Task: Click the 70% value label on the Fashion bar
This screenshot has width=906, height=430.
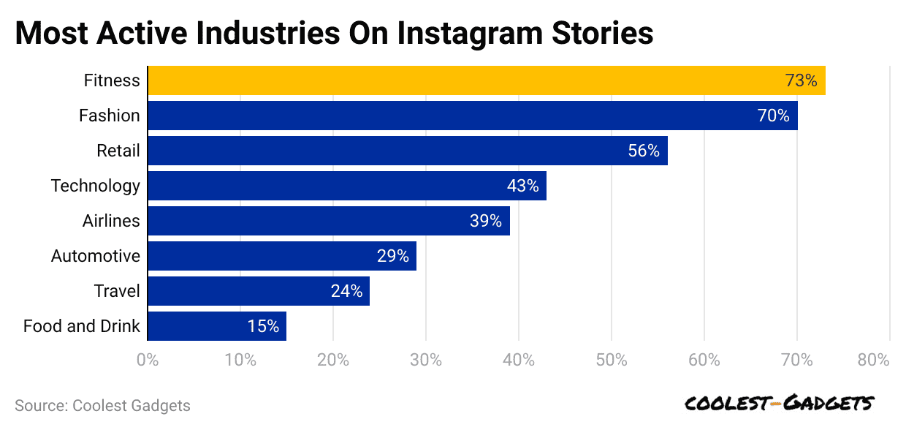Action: pos(773,116)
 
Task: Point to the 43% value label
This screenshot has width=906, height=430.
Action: pos(522,186)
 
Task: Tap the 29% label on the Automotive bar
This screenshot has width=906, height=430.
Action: pos(393,256)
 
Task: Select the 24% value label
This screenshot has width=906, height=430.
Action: pos(346,291)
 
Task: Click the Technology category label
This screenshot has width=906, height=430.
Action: pos(95,186)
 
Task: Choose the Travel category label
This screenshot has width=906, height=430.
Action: pos(117,291)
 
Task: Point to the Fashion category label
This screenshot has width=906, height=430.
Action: pos(110,116)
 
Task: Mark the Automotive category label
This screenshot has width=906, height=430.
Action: pos(95,256)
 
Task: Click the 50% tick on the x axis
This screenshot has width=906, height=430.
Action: pos(612,360)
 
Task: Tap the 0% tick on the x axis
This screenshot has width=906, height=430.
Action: pos(148,360)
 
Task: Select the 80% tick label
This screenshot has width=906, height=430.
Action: pos(873,360)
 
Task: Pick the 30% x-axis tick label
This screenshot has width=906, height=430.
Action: pos(426,360)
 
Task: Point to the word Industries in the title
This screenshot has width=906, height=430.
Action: pos(243,34)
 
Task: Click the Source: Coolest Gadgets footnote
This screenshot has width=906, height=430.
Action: pos(102,406)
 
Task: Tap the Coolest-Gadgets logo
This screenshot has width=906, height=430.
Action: pos(779,404)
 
